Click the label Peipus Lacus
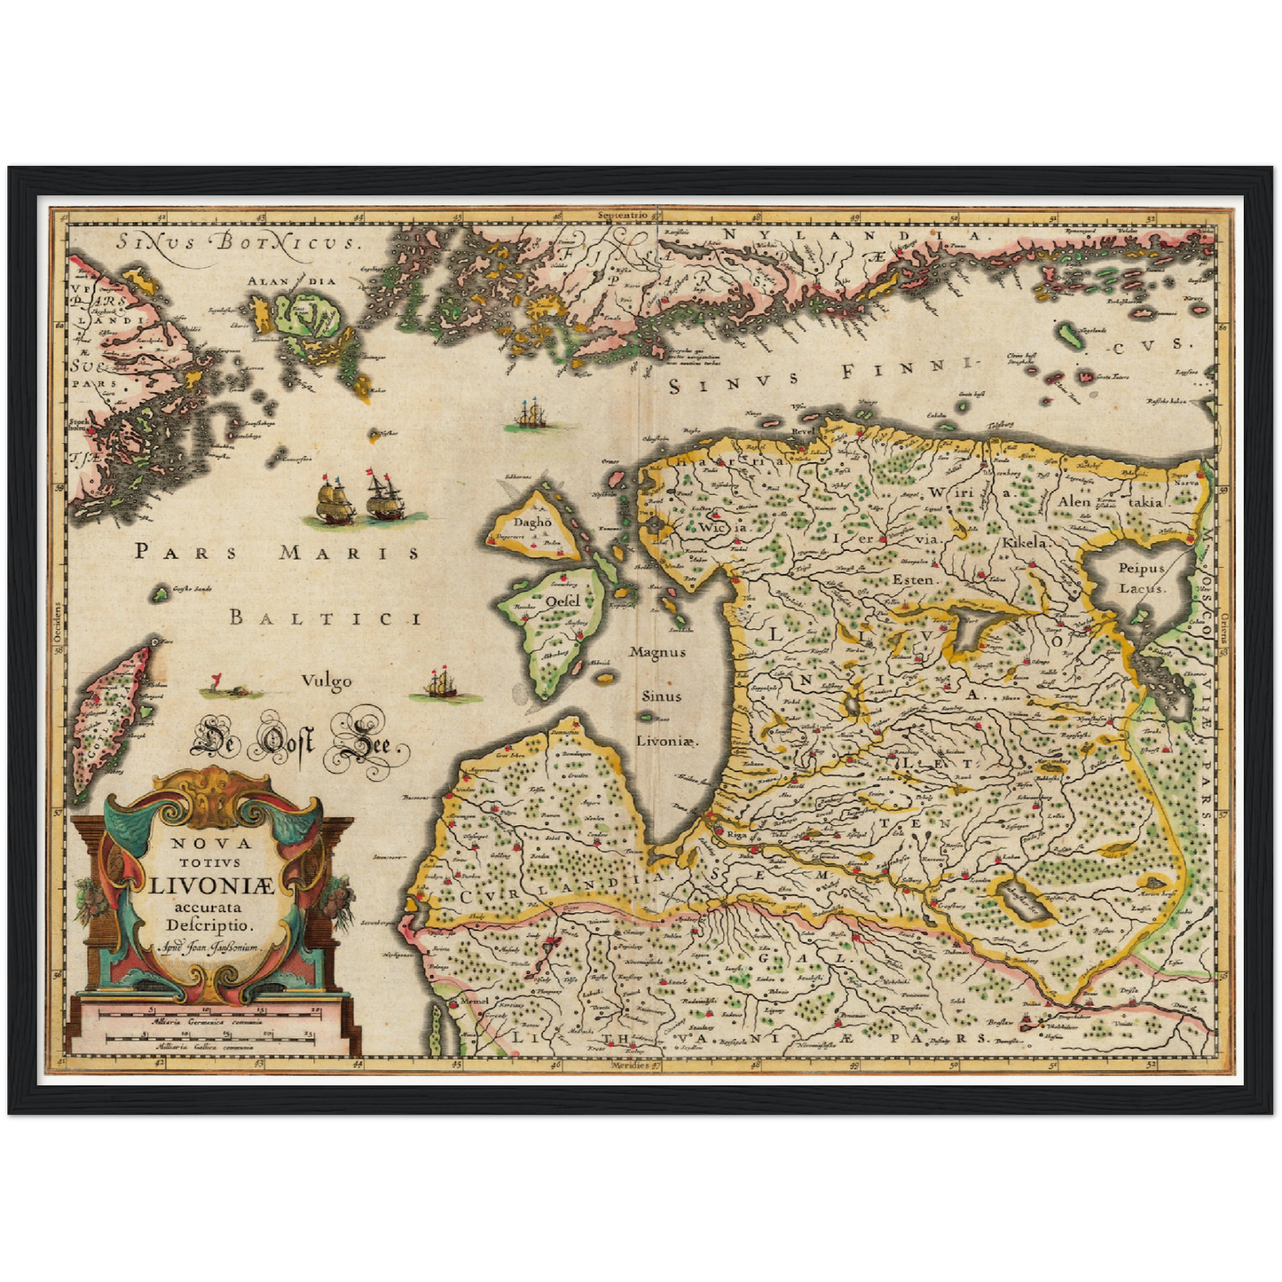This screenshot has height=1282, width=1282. click(x=1141, y=578)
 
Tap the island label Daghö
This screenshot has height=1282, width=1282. click(x=532, y=523)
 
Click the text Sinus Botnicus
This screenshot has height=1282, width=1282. click(x=238, y=240)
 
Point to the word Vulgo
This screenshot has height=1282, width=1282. click(x=326, y=681)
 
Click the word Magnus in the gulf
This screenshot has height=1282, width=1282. click(x=657, y=652)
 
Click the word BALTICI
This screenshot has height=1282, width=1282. click(x=325, y=618)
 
